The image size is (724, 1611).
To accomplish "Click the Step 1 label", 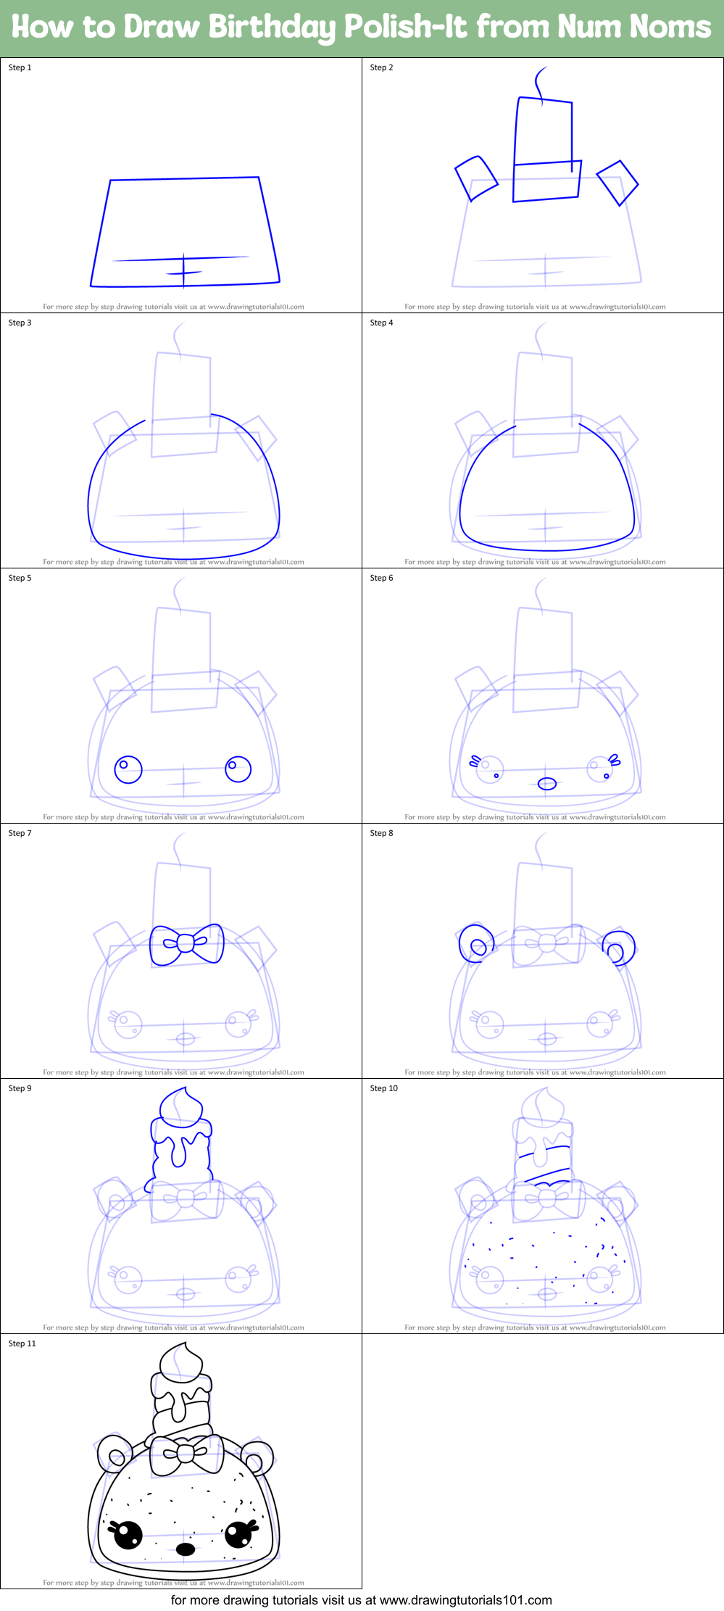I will point(20,67).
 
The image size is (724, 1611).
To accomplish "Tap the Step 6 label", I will point(381,578).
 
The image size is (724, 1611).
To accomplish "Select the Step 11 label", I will point(22,1343).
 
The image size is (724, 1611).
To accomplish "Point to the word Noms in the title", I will point(670,27).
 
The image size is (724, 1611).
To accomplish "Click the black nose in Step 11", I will point(186,1549).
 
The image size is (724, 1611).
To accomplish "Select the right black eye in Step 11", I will point(238,1533).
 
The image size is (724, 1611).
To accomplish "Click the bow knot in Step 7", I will point(186,943).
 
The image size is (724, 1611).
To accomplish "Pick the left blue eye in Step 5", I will point(128,769).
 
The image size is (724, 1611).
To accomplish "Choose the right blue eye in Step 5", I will point(238,769).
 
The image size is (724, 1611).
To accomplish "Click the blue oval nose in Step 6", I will point(547,784).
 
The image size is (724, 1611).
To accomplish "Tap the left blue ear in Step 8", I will point(476,943).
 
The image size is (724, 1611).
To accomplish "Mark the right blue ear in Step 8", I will point(619,948).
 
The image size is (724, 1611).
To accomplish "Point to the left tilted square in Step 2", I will point(476,178).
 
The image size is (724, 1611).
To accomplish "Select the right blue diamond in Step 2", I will point(617,183).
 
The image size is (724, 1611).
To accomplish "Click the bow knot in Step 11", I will point(186,1452).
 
